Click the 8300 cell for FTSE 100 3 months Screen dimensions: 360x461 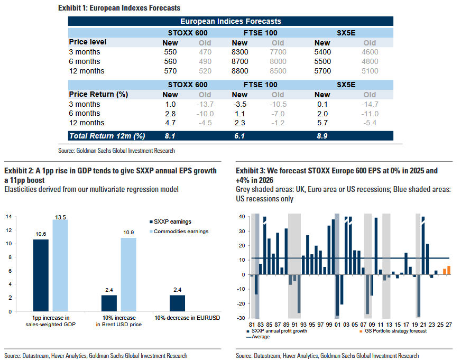[239, 52]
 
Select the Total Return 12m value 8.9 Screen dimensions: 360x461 [322, 136]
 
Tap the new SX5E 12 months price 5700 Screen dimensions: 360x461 [322, 71]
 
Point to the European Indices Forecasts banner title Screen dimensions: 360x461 [230, 21]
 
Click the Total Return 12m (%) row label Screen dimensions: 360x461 [107, 136]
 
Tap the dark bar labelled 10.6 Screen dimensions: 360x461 [41, 275]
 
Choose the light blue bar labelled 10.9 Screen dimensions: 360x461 [128, 274]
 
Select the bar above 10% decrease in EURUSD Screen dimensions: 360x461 [177, 303]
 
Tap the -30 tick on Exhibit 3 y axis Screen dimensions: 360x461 [243, 318]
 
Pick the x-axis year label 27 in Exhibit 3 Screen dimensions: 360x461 [449, 324]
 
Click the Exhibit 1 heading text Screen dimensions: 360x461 [119, 8]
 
